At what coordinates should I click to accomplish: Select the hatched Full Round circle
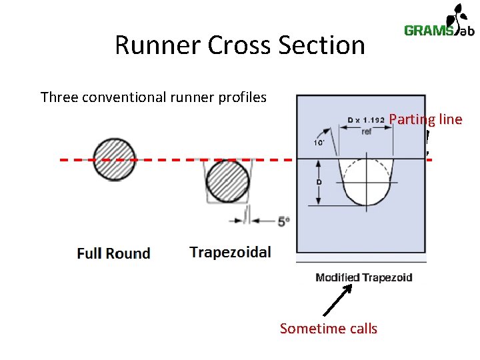(x=114, y=160)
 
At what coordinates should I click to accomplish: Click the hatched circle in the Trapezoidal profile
(x=227, y=181)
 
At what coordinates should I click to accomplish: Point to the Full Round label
(x=113, y=253)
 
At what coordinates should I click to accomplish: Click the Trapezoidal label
(x=230, y=252)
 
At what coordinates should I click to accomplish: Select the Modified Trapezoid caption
(x=363, y=277)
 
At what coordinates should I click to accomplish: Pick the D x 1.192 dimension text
(x=365, y=121)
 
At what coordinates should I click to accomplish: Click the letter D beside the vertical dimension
(x=319, y=181)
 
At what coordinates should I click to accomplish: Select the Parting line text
(x=425, y=119)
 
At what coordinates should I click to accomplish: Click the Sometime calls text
(x=328, y=329)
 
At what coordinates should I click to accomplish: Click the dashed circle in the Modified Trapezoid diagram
(x=366, y=181)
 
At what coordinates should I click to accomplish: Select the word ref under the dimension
(x=366, y=132)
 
